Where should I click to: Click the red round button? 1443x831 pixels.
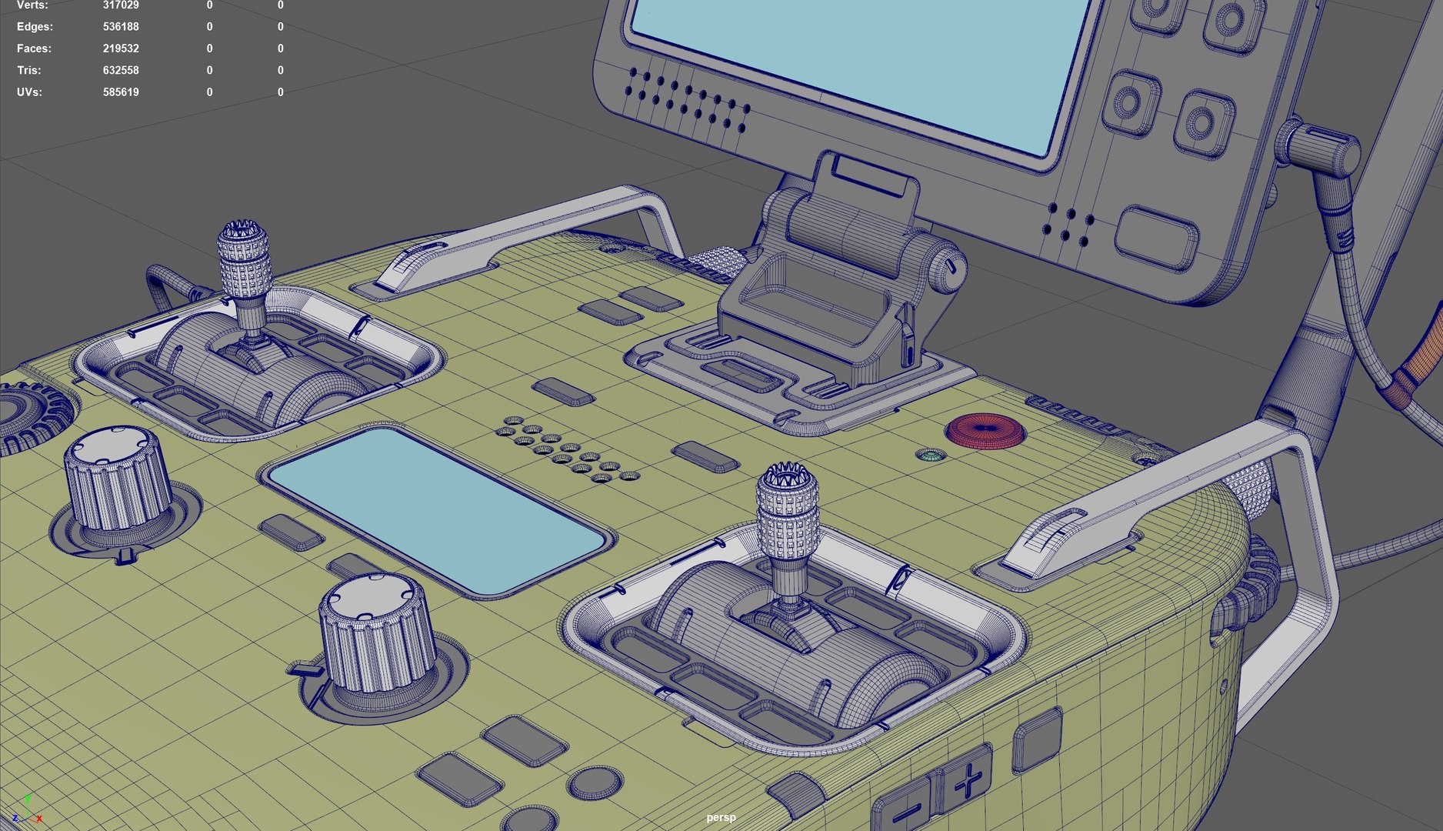[986, 431]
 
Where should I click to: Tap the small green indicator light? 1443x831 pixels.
[931, 456]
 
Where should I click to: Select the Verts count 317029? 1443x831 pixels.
[121, 5]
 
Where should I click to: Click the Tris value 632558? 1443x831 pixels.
[121, 70]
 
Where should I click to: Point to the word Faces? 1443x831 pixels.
[34, 48]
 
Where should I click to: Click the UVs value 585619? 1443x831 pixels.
[121, 92]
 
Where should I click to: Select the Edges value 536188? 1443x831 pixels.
[121, 27]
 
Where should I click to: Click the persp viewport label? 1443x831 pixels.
[721, 817]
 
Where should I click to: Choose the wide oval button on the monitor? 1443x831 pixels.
[1156, 235]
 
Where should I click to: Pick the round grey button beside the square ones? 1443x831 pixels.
[595, 783]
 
